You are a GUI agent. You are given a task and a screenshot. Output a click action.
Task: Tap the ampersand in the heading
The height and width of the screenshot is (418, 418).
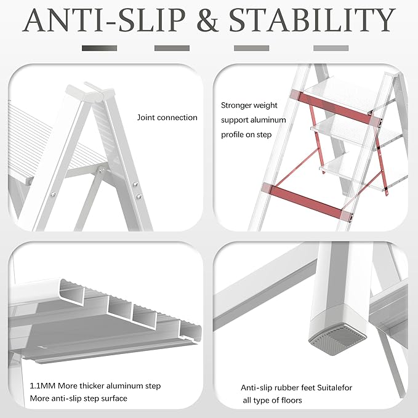click(x=207, y=20)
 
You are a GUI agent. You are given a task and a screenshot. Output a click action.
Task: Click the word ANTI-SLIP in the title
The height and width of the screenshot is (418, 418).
click(x=103, y=20)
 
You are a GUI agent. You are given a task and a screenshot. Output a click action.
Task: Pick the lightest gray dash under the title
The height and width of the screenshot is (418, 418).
click(x=331, y=47)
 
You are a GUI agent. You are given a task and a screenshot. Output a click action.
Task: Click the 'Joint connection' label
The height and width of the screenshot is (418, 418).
click(x=167, y=118)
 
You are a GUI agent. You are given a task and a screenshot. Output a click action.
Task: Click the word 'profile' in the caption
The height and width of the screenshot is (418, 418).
click(x=233, y=134)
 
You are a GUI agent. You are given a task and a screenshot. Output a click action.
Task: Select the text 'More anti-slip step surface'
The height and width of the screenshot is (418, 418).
click(x=78, y=398)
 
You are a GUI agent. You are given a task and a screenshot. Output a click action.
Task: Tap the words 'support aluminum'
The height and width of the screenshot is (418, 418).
click(x=249, y=119)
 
